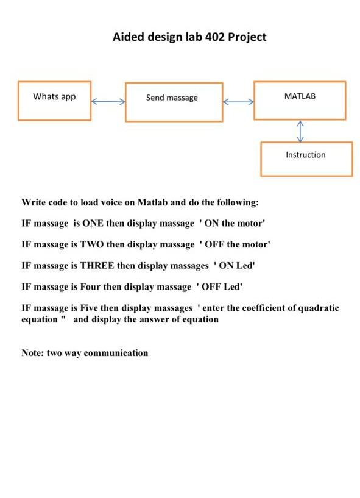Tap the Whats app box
(x=55, y=101)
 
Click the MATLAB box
(x=300, y=99)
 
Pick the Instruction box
(x=306, y=158)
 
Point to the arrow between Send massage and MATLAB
(x=238, y=102)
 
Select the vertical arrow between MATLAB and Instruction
(x=300, y=130)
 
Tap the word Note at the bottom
(x=33, y=353)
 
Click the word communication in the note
(x=116, y=353)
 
